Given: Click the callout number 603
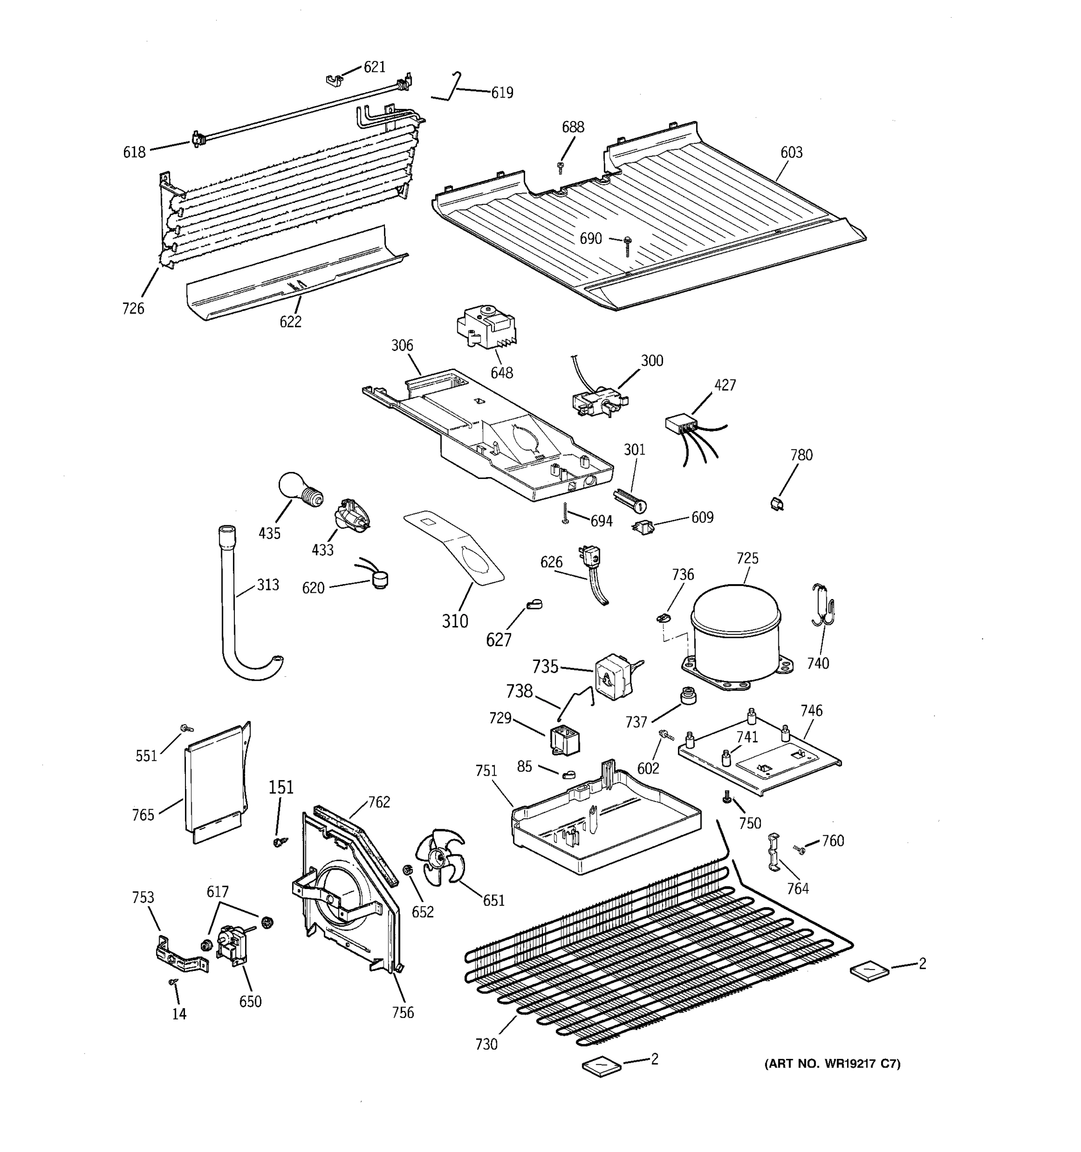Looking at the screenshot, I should point(791,153).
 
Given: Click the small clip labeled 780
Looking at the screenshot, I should point(777,504).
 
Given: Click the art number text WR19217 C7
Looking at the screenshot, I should point(833,1064).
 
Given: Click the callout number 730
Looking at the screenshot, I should point(486,1044).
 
